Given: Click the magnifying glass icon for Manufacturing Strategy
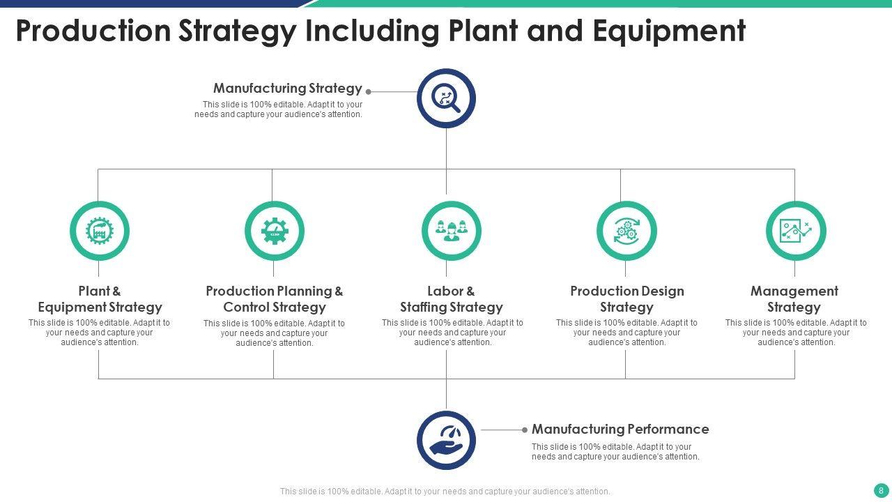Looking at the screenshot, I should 446,98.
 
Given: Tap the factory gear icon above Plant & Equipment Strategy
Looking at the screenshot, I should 99,231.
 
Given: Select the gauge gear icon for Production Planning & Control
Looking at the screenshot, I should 274,231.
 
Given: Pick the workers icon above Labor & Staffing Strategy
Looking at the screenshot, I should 451,231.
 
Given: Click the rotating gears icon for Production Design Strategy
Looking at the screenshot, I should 626,231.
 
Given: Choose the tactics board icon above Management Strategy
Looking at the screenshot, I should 795,231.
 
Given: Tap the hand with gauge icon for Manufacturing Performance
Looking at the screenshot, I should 446,440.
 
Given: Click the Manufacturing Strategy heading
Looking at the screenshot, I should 287,89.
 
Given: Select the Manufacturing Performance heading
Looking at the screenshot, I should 620,429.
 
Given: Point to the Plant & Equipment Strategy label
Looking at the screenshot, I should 100,299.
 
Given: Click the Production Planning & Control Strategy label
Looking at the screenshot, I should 275,299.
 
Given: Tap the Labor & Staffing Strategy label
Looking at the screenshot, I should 451,299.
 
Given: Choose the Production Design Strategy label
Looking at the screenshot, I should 626,299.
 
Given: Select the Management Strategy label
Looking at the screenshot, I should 794,299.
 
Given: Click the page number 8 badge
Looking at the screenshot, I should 881,490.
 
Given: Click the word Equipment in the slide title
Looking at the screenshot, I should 670,31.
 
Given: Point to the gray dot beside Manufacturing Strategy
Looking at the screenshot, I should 369,91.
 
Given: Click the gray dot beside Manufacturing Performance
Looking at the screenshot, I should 525,430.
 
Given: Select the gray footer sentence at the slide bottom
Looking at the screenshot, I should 445,492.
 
